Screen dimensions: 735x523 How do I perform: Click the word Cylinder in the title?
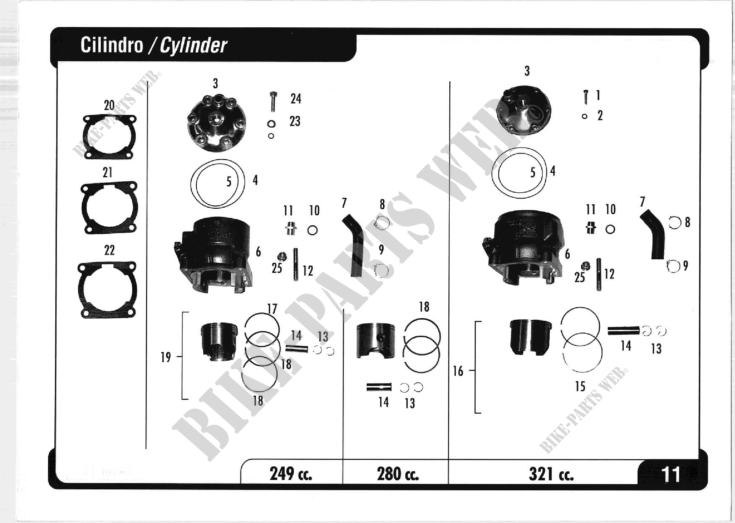pos(193,45)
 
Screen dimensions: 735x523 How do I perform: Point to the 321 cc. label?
pos(551,474)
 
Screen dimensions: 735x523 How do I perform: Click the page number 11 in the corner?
pos(670,474)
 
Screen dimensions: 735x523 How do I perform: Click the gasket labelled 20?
pos(109,137)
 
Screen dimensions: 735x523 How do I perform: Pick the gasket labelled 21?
pos(109,207)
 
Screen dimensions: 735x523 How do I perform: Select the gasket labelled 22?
pos(107,289)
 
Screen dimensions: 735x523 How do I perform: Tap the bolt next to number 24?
pos(273,102)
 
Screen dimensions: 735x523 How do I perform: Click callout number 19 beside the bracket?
pos(166,357)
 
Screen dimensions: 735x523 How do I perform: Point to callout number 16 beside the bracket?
pos(458,371)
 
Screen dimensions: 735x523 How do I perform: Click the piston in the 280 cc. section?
pos(376,341)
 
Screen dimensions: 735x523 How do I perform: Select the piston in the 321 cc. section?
pos(530,337)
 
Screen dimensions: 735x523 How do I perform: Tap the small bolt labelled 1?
pos(586,97)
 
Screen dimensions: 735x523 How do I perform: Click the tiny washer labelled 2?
pos(585,117)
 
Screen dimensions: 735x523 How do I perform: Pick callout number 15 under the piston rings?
pos(580,387)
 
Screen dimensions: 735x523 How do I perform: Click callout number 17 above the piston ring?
pos(272,309)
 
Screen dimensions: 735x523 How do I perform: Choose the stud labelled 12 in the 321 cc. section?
pos(599,274)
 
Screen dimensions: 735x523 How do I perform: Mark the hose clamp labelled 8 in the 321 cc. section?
pos(675,223)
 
